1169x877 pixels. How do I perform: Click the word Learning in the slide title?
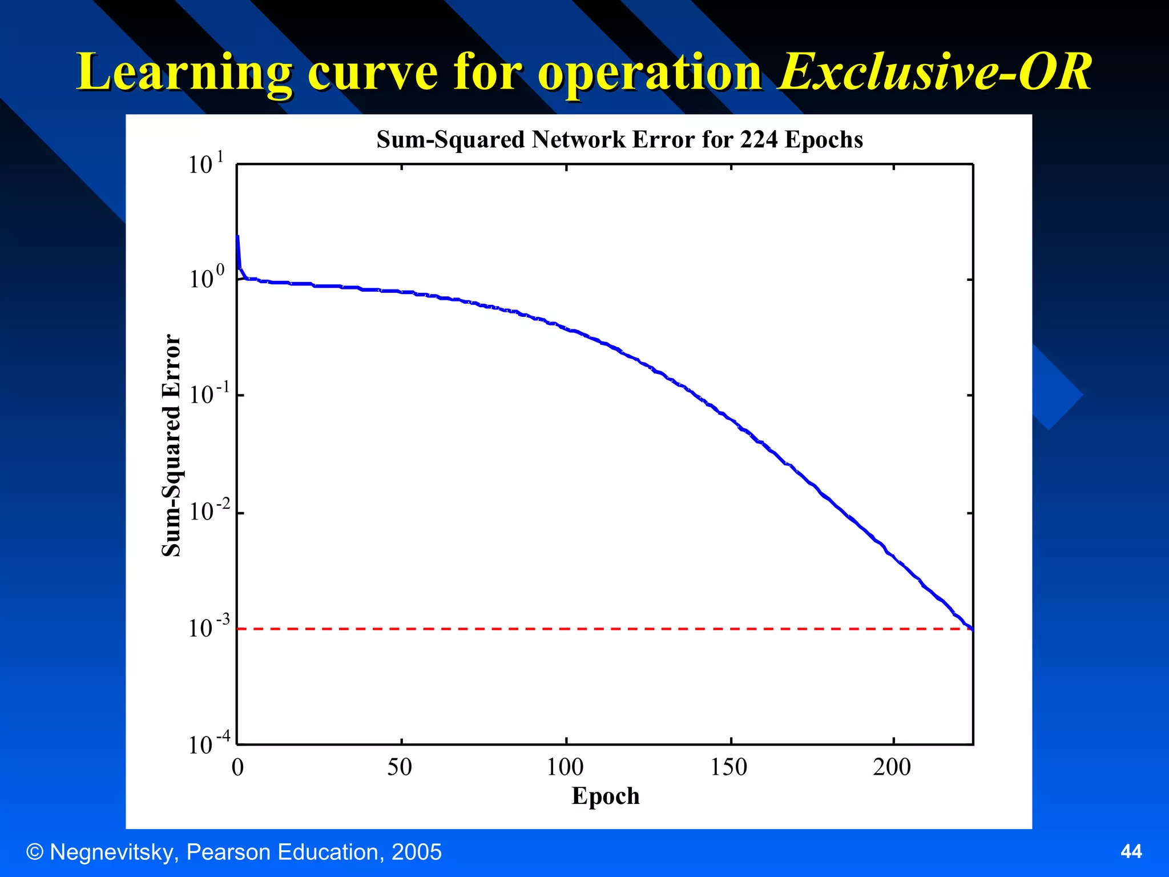coord(184,73)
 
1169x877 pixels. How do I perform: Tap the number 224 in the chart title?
coord(759,140)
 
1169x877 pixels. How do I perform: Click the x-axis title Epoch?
coord(605,796)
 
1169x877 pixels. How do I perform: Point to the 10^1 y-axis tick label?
coord(205,164)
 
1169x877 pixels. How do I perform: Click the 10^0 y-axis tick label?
coord(206,279)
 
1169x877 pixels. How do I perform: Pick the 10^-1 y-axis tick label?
coord(208,394)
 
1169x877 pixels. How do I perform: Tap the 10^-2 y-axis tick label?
coord(208,510)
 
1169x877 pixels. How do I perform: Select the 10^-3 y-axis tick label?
coord(208,627)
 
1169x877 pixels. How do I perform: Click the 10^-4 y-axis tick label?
coord(208,744)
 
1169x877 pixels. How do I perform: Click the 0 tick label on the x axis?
coord(237,767)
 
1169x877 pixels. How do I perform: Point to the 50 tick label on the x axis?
coord(400,767)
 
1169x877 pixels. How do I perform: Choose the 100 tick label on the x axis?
coord(565,767)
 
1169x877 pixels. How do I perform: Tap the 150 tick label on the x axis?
coord(729,767)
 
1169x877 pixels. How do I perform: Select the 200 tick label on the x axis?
coord(892,767)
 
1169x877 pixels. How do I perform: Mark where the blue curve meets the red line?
coord(972,629)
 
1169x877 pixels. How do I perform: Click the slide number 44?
coord(1131,852)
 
